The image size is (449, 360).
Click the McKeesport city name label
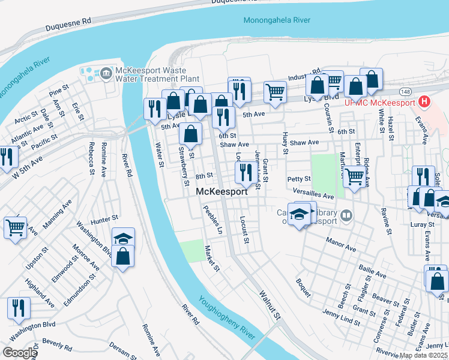pyautogui.click(x=222, y=192)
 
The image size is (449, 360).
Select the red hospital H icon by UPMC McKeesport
pyautogui.click(x=425, y=102)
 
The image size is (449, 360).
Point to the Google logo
pyautogui.click(x=19, y=353)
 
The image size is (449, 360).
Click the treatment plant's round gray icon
pyautogui.click(x=106, y=74)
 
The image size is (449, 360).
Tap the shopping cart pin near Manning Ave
pyautogui.click(x=14, y=227)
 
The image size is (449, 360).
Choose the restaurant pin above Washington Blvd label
pyautogui.click(x=19, y=308)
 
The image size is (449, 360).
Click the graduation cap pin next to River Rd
pyautogui.click(x=123, y=238)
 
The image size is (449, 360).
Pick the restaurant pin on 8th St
pyautogui.click(x=244, y=173)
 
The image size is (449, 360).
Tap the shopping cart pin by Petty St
pyautogui.click(x=355, y=177)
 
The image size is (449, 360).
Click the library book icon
pyautogui.click(x=346, y=215)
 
